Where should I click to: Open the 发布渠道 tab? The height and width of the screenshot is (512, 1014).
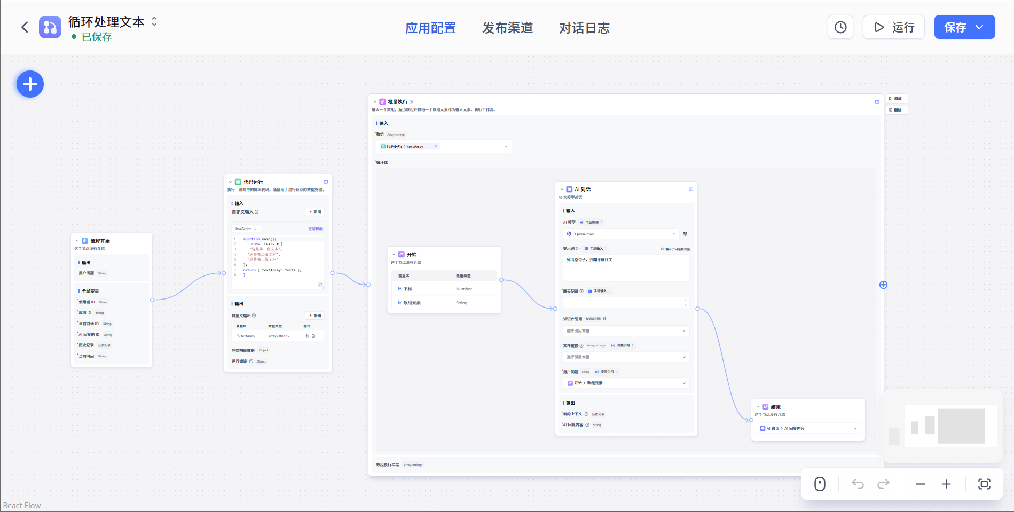507,28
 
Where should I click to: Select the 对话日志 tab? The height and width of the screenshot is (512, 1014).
584,28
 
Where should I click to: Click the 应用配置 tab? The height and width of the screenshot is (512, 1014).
430,28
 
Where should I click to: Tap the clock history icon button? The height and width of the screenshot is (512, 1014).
840,27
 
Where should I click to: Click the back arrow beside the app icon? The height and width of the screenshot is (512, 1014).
25,27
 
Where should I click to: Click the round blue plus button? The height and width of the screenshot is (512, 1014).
30,84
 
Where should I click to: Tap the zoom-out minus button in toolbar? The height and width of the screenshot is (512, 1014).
921,484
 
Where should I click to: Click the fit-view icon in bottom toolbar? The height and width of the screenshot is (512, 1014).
984,484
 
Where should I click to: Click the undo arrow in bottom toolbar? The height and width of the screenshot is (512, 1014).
858,484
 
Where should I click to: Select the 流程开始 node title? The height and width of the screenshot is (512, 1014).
100,241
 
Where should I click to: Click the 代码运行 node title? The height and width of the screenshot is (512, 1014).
253,182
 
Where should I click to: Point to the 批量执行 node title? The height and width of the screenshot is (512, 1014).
397,102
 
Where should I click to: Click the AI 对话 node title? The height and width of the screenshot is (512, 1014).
583,190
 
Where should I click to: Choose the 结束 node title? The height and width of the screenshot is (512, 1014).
775,407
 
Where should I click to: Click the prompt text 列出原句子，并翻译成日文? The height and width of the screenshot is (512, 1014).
589,260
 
